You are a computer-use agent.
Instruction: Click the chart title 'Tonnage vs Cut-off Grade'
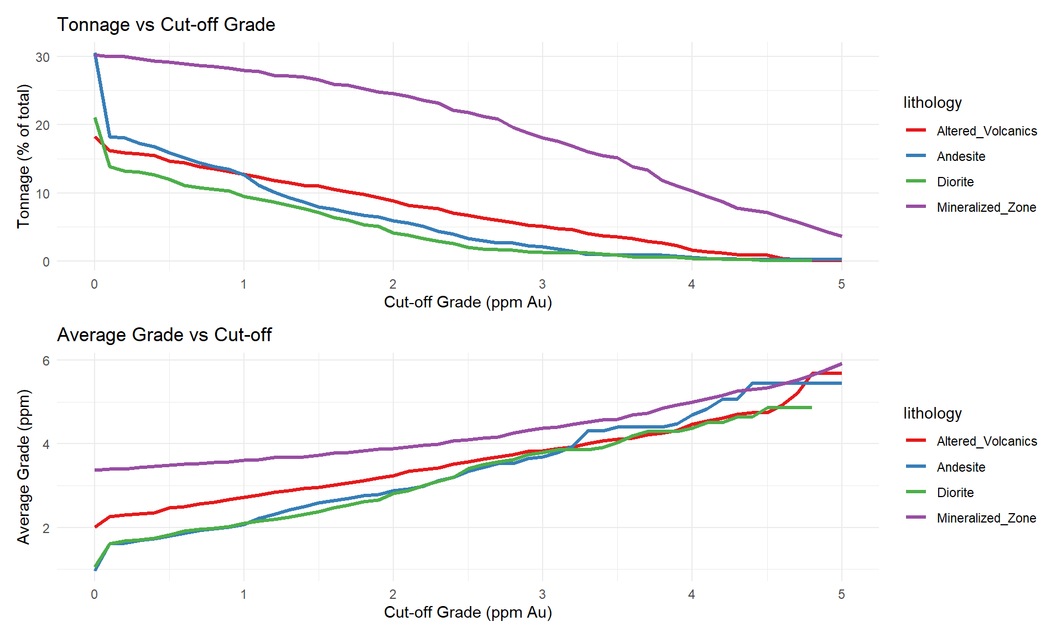[166, 25]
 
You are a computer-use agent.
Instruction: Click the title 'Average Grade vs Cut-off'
[164, 335]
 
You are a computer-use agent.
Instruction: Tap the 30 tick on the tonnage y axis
[43, 57]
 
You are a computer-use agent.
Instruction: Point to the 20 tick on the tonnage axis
[43, 126]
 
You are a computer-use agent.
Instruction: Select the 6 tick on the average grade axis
[46, 361]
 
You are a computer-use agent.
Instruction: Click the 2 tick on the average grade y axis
[46, 528]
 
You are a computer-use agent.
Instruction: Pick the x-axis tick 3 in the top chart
[542, 284]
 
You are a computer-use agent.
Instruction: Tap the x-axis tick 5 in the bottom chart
[841, 594]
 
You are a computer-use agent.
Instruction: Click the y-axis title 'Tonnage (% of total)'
[23, 156]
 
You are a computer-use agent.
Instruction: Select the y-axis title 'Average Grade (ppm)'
[23, 467]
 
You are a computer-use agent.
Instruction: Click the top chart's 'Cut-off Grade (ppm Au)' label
[468, 302]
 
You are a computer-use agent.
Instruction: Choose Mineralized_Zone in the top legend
[986, 207]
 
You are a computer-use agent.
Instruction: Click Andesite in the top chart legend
[961, 156]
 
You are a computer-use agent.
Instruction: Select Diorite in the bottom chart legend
[955, 493]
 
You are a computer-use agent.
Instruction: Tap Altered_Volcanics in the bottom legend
[987, 441]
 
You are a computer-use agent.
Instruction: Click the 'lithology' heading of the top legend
[933, 103]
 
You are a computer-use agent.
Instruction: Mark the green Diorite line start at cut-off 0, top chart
[95, 118]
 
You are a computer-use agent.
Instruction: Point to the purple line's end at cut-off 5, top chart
[841, 236]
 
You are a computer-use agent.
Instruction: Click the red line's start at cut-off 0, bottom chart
[95, 527]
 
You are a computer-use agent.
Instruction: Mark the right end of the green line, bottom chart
[811, 408]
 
